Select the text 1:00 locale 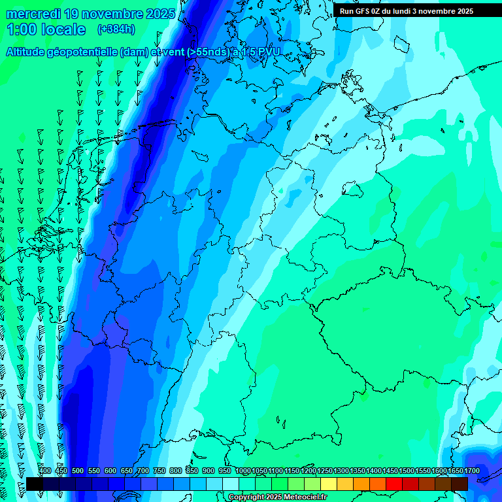click(46, 30)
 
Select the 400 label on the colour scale click(45, 471)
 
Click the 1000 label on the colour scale click(243, 471)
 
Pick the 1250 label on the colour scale click(325, 471)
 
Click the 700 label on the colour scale click(143, 471)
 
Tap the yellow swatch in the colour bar click(329, 484)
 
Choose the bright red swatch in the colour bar click(394, 484)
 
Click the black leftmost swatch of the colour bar click(35, 484)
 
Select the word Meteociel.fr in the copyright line click(303, 497)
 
